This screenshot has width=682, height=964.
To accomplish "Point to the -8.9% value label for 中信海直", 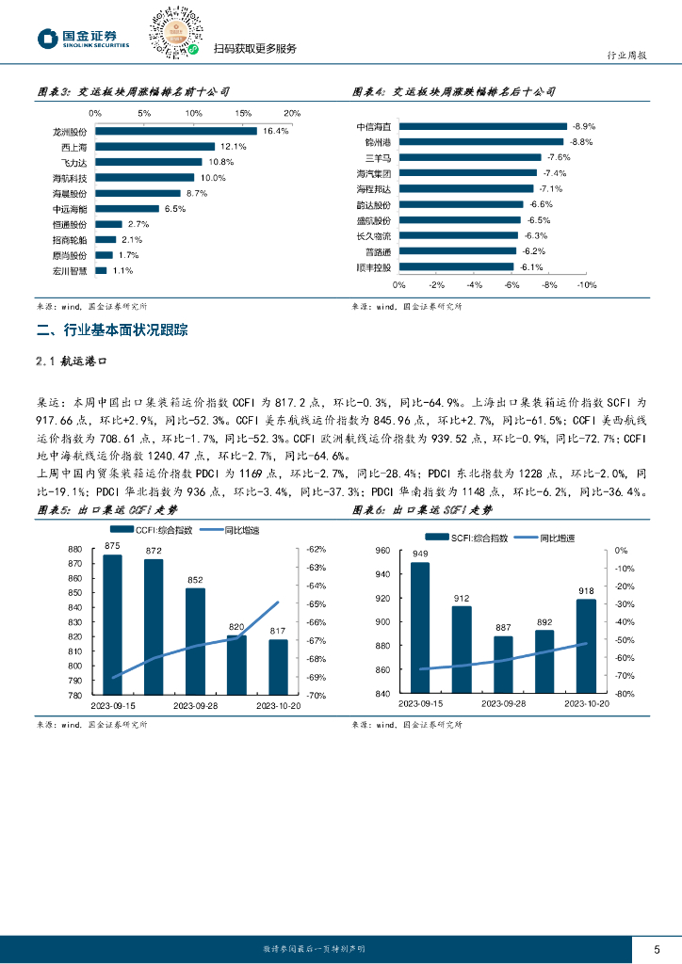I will (583, 126).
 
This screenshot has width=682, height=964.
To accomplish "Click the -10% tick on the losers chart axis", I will (586, 284).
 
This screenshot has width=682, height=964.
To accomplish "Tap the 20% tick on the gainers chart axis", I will (292, 113).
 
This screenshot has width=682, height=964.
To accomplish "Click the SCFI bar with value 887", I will (503, 665).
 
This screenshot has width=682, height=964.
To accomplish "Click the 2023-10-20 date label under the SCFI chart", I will (587, 703).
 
